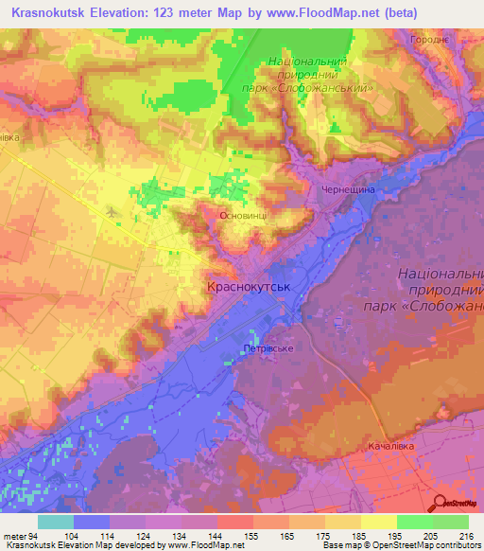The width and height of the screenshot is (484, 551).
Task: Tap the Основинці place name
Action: [249, 216]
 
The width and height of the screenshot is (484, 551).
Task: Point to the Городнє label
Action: [429, 41]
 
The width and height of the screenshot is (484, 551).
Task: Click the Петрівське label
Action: [267, 348]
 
